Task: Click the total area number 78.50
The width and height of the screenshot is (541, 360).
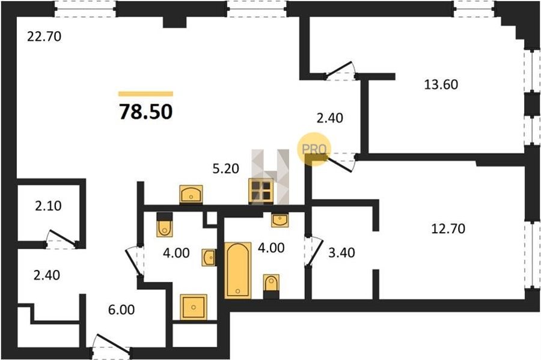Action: point(145,112)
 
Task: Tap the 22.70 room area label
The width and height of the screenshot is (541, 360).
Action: point(44,36)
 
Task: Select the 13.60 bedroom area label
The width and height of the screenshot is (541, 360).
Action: point(441,85)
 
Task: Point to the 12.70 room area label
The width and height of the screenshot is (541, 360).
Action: point(448,228)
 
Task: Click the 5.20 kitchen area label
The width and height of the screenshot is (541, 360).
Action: point(226,169)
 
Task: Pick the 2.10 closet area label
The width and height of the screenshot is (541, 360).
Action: point(48,206)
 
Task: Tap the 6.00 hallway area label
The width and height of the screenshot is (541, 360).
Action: point(121,310)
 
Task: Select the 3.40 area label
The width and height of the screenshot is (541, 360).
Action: point(341,253)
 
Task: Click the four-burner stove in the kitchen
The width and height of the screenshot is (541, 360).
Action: point(261,191)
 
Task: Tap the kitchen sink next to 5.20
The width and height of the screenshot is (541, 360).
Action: point(191,194)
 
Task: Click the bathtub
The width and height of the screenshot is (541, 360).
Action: point(237,270)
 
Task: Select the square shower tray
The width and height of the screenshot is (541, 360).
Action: point(194,307)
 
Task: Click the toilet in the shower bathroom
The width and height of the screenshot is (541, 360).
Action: point(164,225)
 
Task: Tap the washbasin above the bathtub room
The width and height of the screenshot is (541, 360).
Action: point(280,219)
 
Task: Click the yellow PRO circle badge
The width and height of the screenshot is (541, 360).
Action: point(314,149)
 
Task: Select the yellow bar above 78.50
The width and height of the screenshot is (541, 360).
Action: point(145,93)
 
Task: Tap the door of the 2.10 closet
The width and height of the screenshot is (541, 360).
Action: point(61,239)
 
